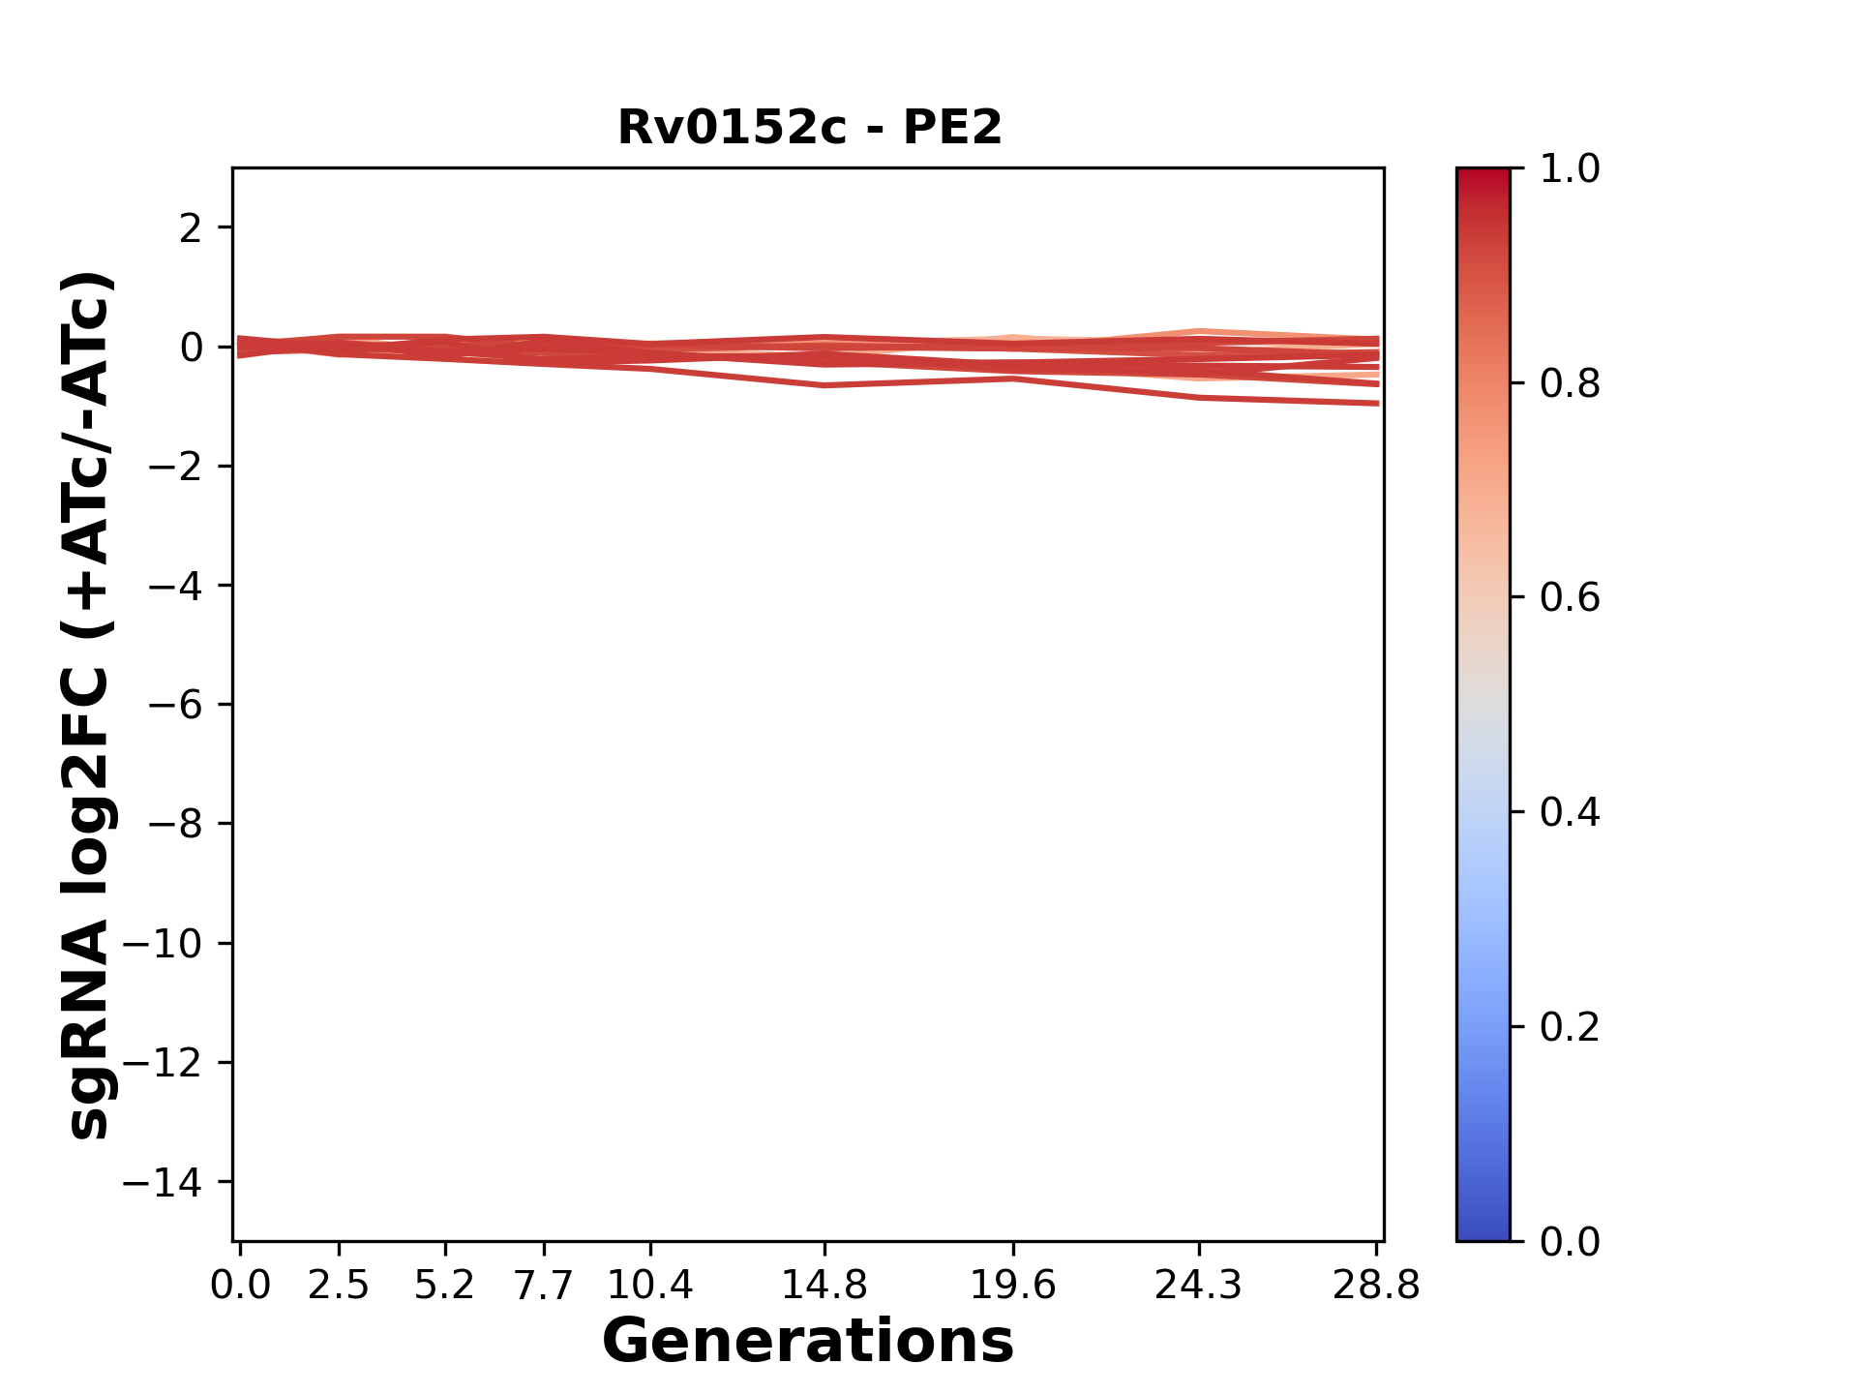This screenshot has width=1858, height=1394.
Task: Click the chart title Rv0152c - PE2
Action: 810,128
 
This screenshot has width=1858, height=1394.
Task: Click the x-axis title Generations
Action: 808,1342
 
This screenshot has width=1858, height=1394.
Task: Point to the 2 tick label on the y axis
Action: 190,228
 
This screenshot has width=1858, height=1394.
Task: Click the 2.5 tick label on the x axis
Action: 339,1286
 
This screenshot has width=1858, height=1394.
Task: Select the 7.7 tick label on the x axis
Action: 544,1286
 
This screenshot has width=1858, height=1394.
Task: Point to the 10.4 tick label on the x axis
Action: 650,1286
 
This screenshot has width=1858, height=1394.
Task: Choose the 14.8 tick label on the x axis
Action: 824,1286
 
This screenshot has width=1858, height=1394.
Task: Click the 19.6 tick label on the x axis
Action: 1013,1286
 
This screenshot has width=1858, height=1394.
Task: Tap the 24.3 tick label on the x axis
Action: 1199,1286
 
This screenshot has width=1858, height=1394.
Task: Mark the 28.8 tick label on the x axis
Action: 1376,1286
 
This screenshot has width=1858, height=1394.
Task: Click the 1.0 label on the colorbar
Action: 1570,169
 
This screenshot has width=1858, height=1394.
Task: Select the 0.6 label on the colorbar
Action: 1570,597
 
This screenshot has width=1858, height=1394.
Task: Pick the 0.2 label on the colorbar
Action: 1570,1026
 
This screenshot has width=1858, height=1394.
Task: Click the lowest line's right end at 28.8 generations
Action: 1377,403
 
